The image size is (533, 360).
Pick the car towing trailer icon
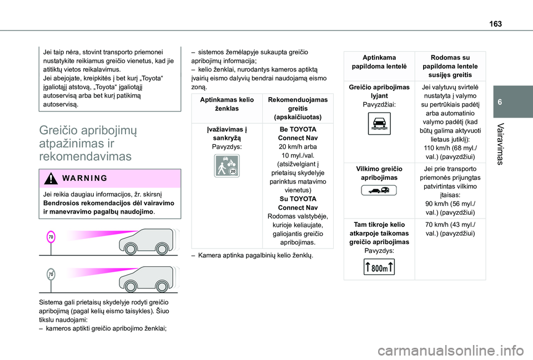click(x=379, y=191)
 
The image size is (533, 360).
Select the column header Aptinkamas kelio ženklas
click(x=227, y=104)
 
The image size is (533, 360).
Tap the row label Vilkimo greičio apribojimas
click(x=379, y=173)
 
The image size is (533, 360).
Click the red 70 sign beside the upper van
click(x=51, y=237)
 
